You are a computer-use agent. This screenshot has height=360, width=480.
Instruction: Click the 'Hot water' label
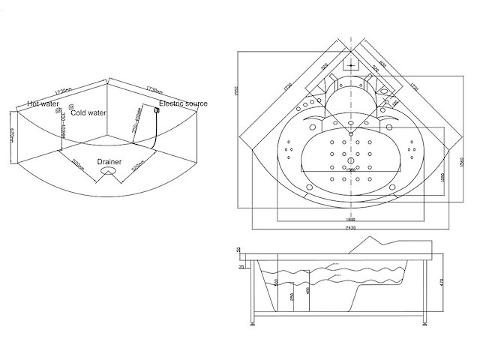43,104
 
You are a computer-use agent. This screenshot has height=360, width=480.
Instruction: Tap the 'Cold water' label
88,113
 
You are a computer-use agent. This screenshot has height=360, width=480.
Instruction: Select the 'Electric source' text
183,103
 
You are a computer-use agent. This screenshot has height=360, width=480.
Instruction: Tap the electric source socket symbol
156,111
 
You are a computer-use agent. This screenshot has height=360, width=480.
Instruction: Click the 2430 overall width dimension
351,227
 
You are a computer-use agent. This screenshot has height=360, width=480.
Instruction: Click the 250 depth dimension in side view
292,296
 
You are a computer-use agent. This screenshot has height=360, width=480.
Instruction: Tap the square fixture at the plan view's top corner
351,65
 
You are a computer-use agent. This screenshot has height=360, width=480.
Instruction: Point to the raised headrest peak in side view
373,240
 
